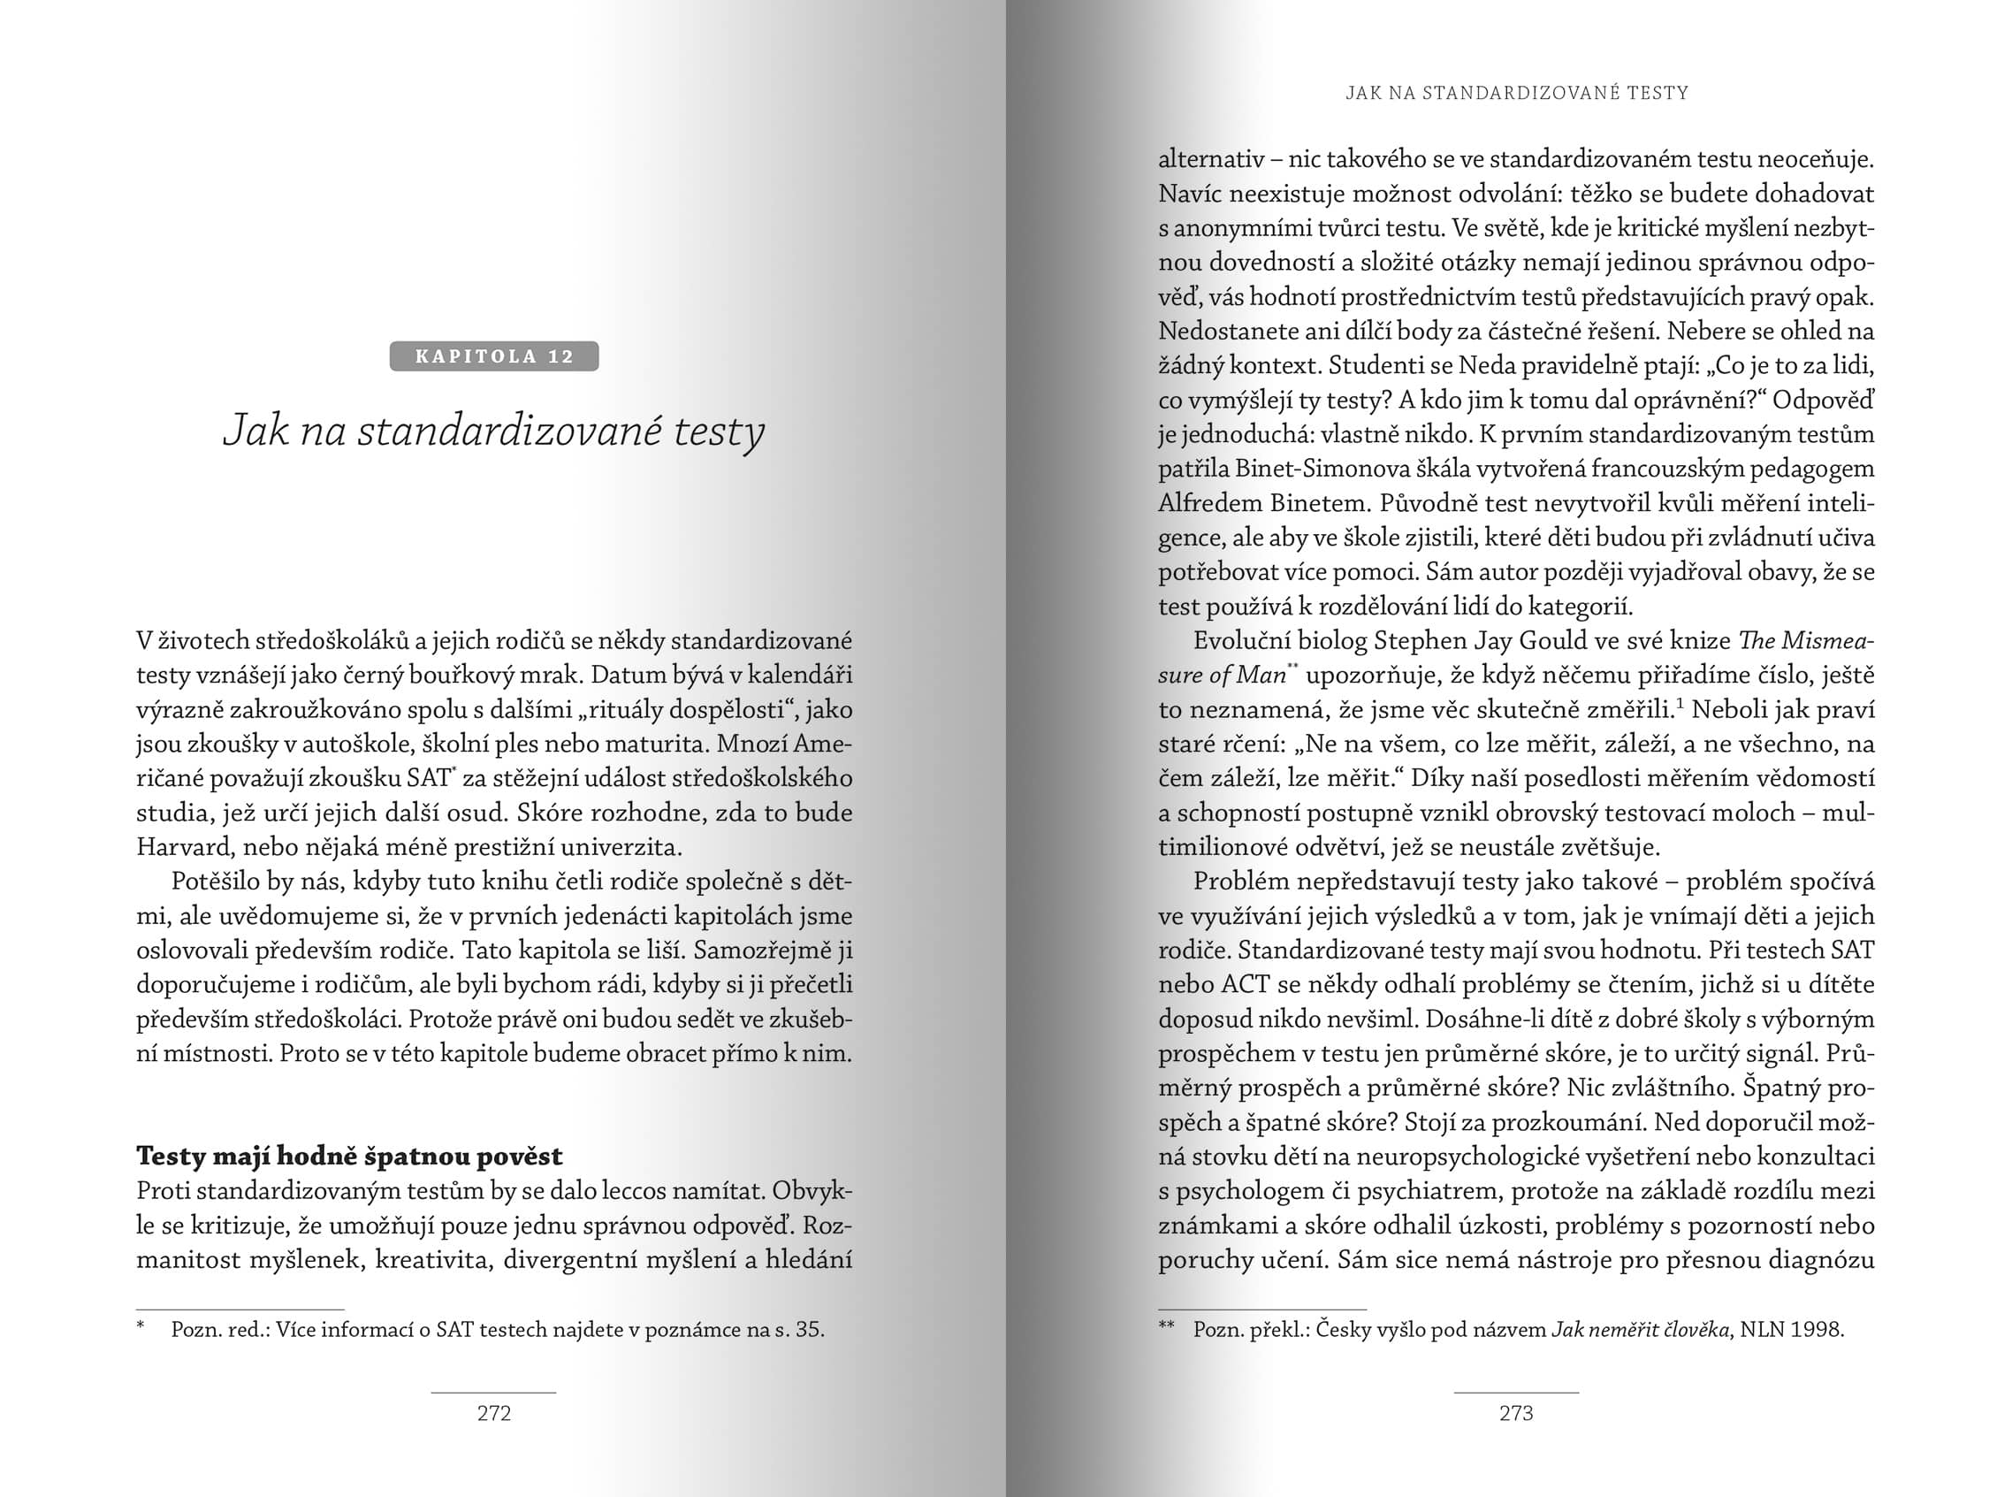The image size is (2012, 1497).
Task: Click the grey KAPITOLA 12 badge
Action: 493,356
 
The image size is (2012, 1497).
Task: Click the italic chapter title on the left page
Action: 493,431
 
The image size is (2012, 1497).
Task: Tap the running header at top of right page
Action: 1516,93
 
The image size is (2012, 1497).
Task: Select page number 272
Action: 493,1413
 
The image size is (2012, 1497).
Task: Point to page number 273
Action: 1515,1413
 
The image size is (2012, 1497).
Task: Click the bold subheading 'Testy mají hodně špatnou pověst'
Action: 349,1157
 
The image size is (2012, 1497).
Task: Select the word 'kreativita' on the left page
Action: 431,1259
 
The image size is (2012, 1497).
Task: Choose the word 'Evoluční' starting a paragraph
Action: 1239,641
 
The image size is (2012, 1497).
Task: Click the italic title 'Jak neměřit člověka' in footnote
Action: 1641,1330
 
